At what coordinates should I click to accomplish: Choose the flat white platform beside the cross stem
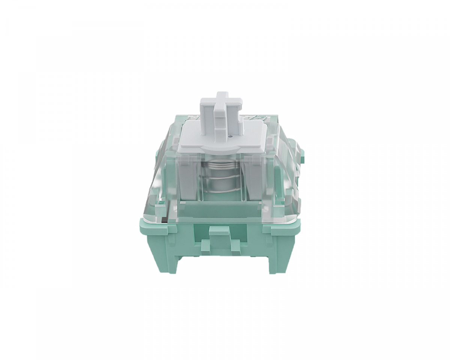click(x=191, y=135)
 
